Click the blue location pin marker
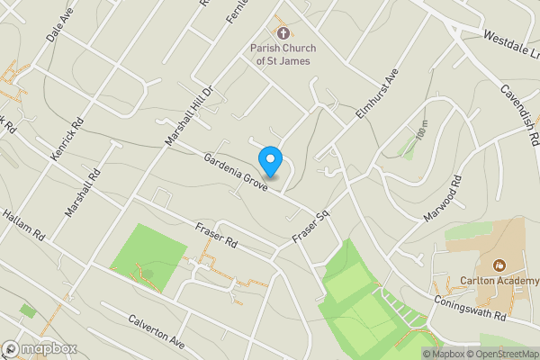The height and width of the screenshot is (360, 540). pos(271,161)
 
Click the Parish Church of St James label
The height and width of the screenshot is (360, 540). pos(280,53)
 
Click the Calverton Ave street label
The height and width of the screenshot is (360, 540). pos(156,331)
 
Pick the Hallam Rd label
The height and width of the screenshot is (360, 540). pos(23,221)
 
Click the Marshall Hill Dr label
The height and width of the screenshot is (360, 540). pos(187,116)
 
